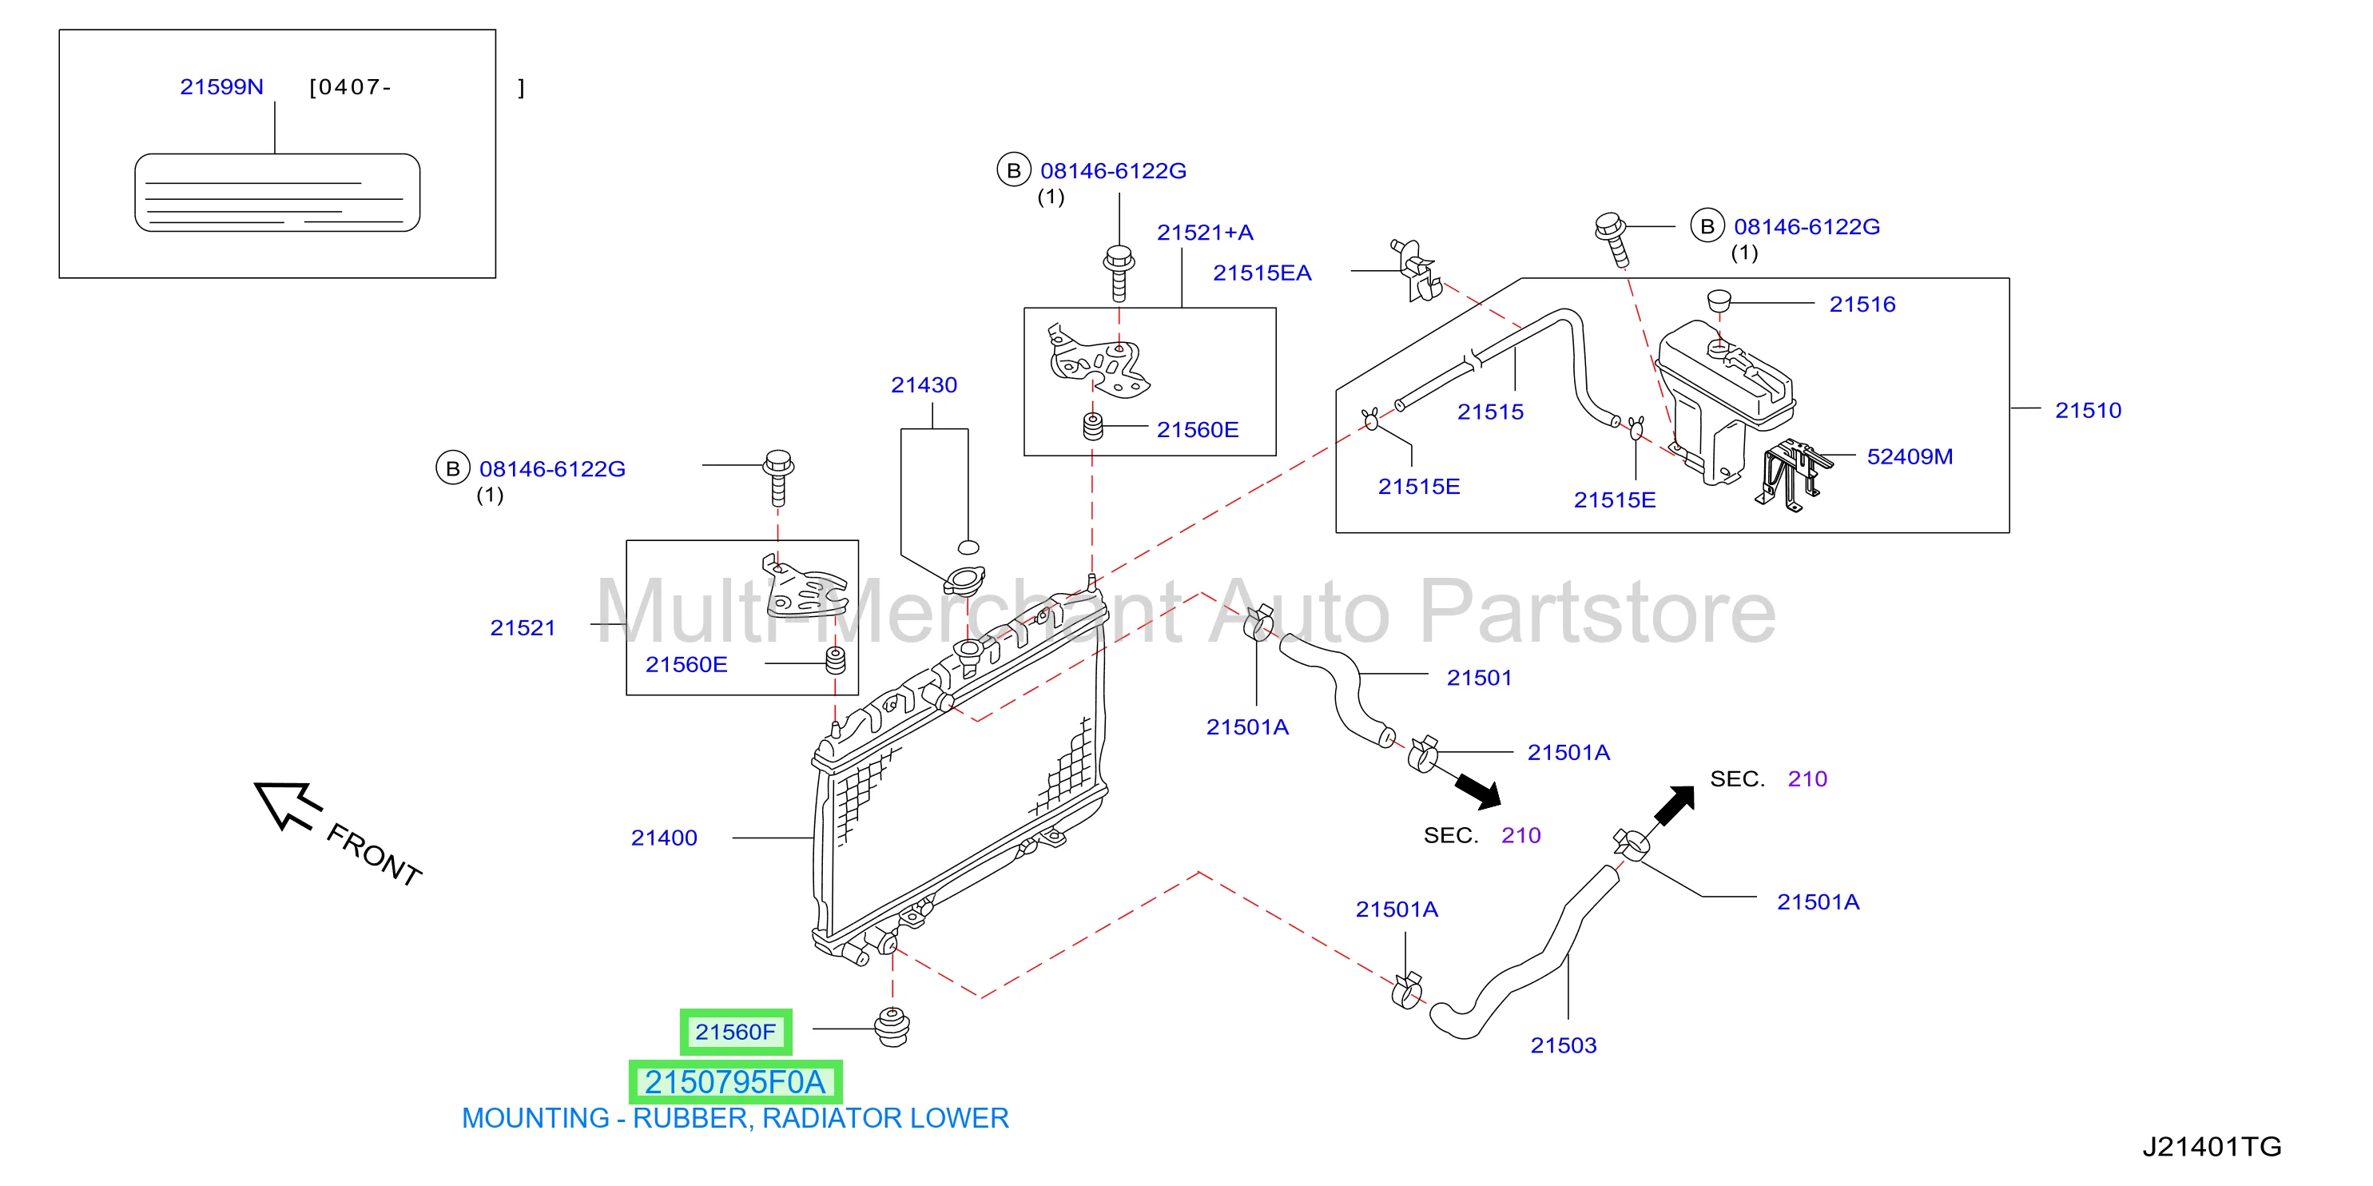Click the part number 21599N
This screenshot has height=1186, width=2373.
tap(221, 86)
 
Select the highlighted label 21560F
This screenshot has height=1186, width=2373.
tap(735, 1031)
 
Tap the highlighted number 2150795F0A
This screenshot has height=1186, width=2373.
tap(735, 1082)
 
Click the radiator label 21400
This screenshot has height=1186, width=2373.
tap(663, 838)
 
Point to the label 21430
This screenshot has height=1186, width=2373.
tap(923, 385)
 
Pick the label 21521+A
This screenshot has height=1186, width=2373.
tap(1205, 233)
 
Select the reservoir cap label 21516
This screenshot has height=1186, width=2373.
tap(1862, 304)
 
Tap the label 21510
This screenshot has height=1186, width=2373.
tap(2088, 410)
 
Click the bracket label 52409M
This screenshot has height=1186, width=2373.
tap(1909, 456)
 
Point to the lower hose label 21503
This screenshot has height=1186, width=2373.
tap(1564, 1045)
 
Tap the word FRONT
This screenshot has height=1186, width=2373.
tap(374, 855)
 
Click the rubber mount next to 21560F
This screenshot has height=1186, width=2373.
tap(891, 1027)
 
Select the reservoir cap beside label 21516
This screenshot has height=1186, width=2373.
tap(1718, 300)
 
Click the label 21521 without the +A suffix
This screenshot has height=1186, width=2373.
tap(523, 627)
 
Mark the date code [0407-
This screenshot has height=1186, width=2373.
tap(350, 86)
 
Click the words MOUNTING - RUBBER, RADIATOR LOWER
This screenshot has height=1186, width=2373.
tap(735, 1118)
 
